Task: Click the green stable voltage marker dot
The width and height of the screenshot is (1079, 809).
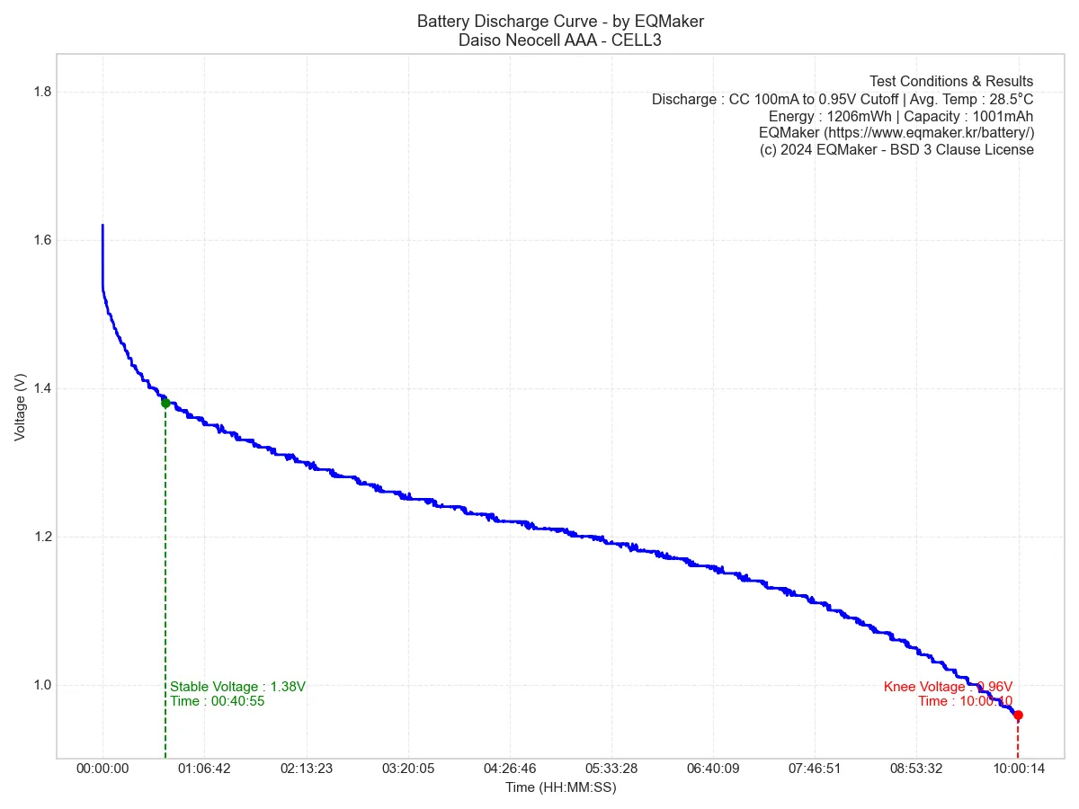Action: click(x=165, y=403)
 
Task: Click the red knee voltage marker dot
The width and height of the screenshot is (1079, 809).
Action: click(x=1018, y=716)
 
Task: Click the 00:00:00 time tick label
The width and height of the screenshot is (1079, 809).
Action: click(x=103, y=769)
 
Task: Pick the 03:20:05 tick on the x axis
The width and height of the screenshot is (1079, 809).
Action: click(x=408, y=769)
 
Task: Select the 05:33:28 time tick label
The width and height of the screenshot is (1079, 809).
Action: click(x=611, y=769)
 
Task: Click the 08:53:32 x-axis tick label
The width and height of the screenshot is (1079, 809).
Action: click(x=916, y=769)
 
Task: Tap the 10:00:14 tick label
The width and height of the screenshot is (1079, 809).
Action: click(x=1018, y=769)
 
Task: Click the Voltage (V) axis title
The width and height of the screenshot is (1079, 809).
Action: click(x=21, y=407)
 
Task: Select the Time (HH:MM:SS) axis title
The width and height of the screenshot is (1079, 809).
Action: click(x=560, y=787)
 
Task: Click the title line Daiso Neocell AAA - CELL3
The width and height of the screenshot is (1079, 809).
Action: click(x=560, y=40)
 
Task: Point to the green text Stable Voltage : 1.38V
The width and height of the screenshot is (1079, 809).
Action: click(x=237, y=687)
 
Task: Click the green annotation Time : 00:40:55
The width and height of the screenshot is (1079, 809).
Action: click(x=217, y=701)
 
